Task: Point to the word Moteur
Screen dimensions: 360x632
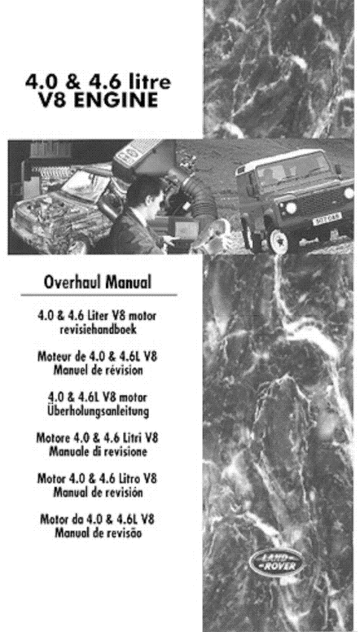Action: click(x=57, y=357)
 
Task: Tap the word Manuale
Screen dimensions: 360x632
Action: click(x=72, y=450)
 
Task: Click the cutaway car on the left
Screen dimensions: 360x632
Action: click(x=49, y=204)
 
